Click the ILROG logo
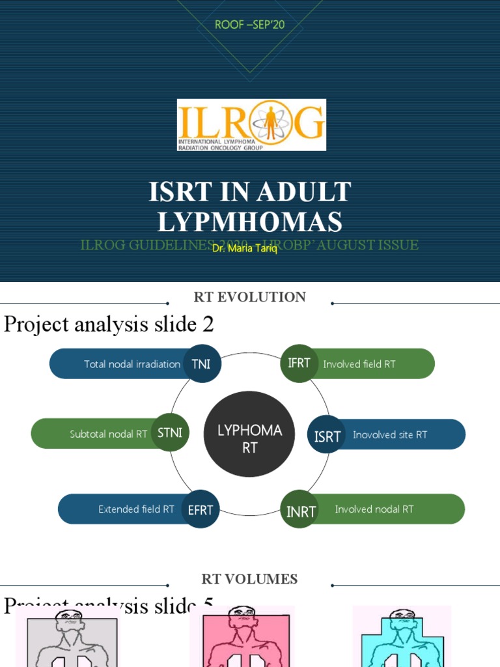pyautogui.click(x=251, y=124)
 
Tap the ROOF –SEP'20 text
pyautogui.click(x=249, y=25)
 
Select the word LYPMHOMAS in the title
pyautogui.click(x=250, y=223)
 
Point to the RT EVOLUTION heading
pyautogui.click(x=250, y=297)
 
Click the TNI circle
pyautogui.click(x=201, y=363)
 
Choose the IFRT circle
pyautogui.click(x=299, y=363)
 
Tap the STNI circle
pyautogui.click(x=170, y=433)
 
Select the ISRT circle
pyautogui.click(x=327, y=435)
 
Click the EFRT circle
pyautogui.click(x=201, y=509)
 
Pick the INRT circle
pyautogui.click(x=300, y=511)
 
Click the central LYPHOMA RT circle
pyautogui.click(x=250, y=438)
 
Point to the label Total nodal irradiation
pyautogui.click(x=132, y=364)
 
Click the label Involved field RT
pyautogui.click(x=359, y=364)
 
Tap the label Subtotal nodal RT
pyautogui.click(x=109, y=434)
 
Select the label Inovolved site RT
pyautogui.click(x=390, y=434)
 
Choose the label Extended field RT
pyautogui.click(x=136, y=509)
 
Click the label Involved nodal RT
pyautogui.click(x=374, y=509)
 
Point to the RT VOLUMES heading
pyautogui.click(x=250, y=579)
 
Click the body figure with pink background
pyautogui.click(x=242, y=637)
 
